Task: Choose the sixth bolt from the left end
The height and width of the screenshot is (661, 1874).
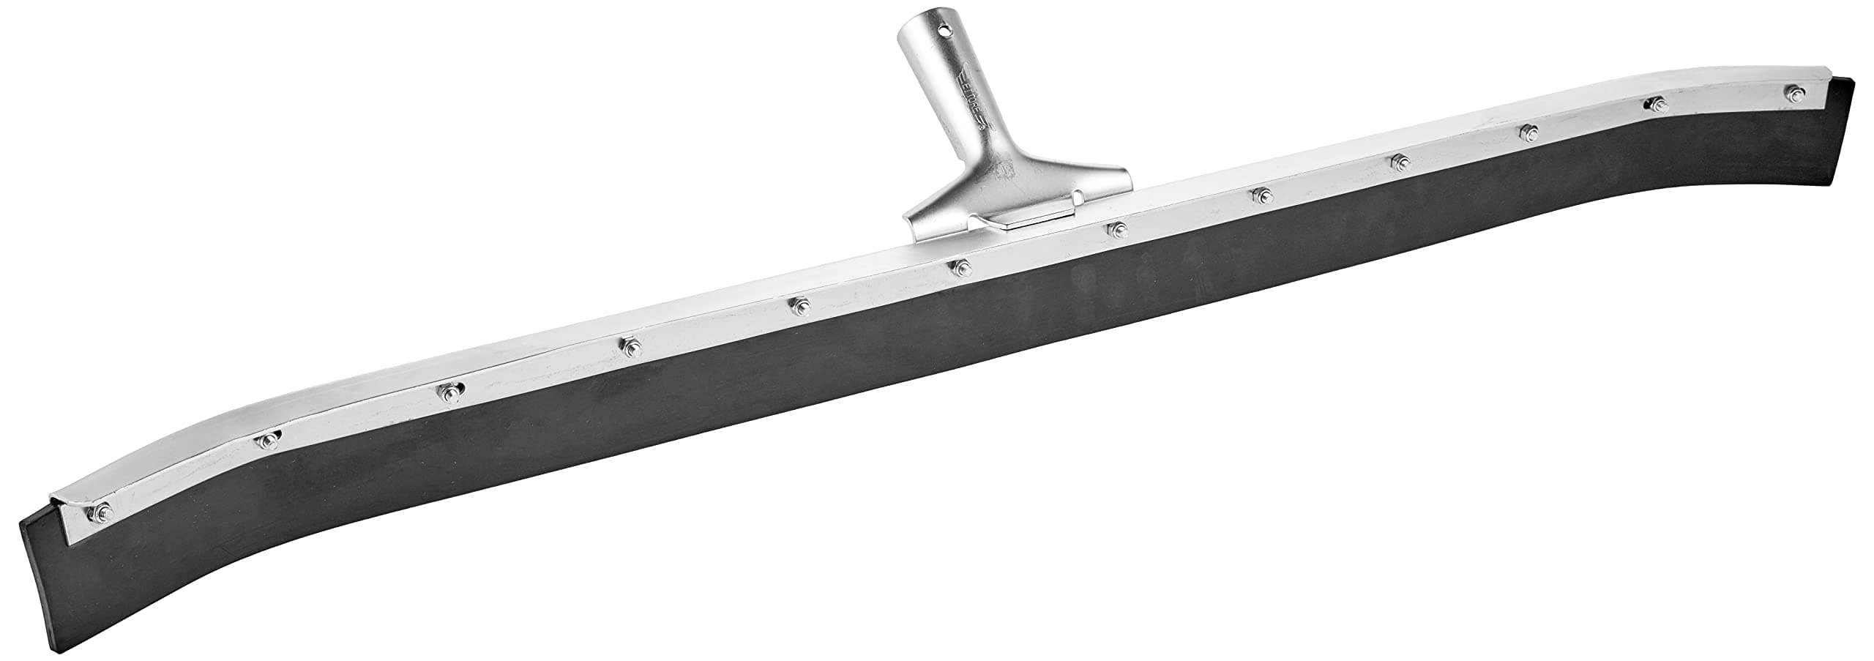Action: tap(959, 267)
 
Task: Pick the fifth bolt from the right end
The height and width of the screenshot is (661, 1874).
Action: tap(1260, 195)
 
